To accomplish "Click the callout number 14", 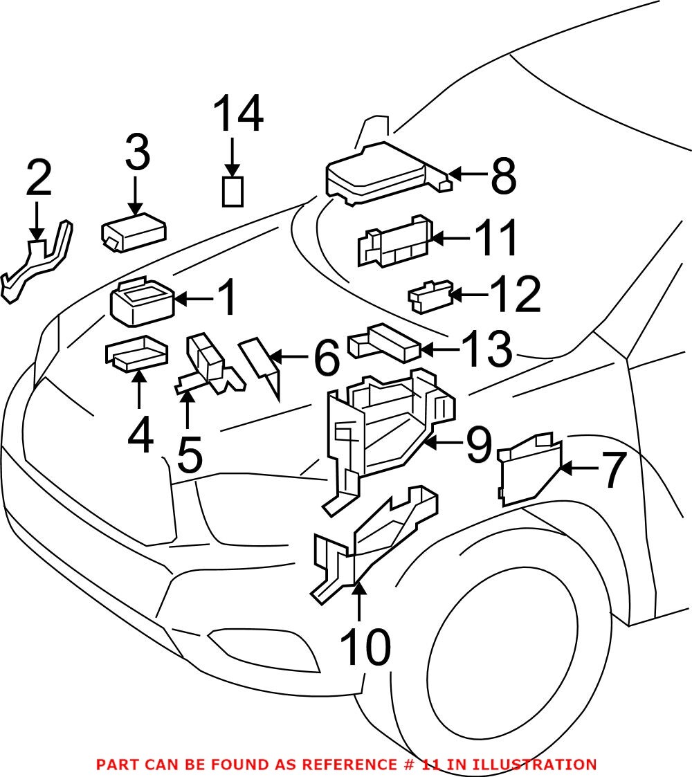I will [x=237, y=115].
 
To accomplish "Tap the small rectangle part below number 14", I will [x=233, y=191].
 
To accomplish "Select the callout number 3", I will [x=137, y=154].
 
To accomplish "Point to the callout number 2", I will [x=39, y=179].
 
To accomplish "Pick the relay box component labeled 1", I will [x=142, y=305].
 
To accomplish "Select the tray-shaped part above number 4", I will [x=137, y=353].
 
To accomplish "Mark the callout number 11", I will [x=495, y=239].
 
